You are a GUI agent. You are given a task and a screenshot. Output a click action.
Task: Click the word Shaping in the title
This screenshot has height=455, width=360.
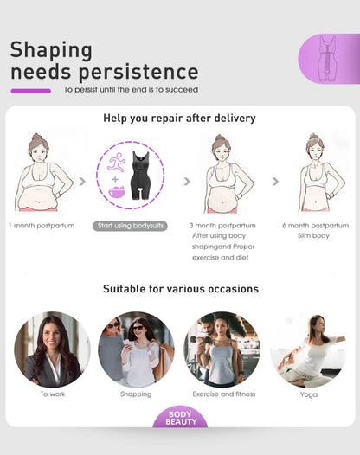coord(51,49)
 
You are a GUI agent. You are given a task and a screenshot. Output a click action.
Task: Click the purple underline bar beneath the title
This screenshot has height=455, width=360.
coord(30,90)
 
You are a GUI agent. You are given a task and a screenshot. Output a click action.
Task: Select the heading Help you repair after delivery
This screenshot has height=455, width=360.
coord(179,118)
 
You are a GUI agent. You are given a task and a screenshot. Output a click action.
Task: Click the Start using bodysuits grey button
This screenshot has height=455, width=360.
coord(129,226)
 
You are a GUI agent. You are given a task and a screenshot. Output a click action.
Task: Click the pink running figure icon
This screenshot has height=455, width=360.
coord(115,162)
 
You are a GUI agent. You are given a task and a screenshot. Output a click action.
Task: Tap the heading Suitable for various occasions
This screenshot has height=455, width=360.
coord(180,289)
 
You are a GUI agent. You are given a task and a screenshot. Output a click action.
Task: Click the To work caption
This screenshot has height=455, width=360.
coord(52,394)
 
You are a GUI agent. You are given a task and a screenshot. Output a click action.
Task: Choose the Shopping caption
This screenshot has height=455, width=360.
coord(136,394)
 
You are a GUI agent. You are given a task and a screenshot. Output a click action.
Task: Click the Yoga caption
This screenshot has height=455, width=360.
coord(309,394)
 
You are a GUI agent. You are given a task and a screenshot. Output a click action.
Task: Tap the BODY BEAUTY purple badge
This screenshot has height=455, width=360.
coord(181,419)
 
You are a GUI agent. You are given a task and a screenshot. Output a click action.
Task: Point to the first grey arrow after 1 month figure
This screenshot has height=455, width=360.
coord(83,182)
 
